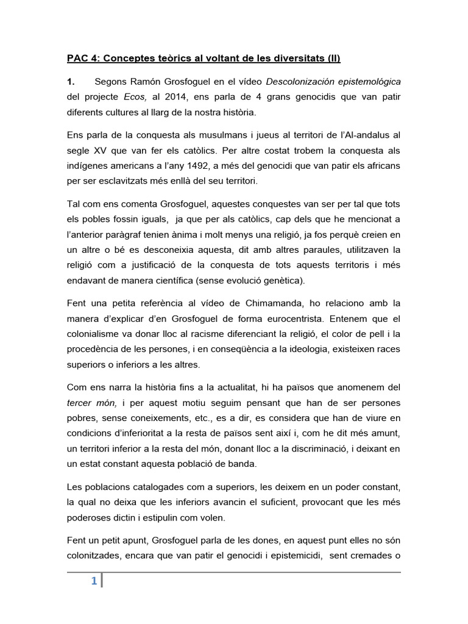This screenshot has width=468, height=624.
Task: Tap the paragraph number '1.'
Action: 70,81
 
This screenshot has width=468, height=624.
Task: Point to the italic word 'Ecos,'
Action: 136,97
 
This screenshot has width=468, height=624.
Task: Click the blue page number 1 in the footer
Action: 94,581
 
